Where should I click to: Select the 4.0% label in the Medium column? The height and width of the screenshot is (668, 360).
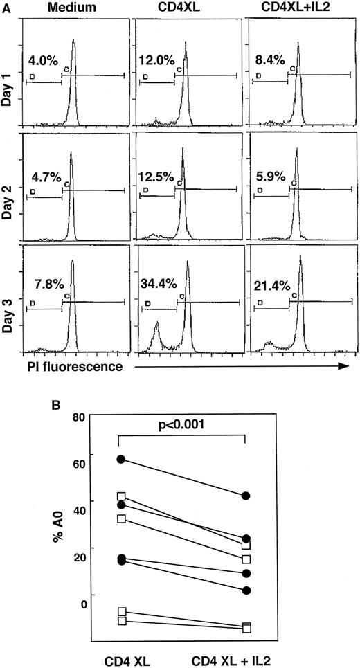42,59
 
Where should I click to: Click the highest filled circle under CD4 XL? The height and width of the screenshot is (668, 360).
122,459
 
